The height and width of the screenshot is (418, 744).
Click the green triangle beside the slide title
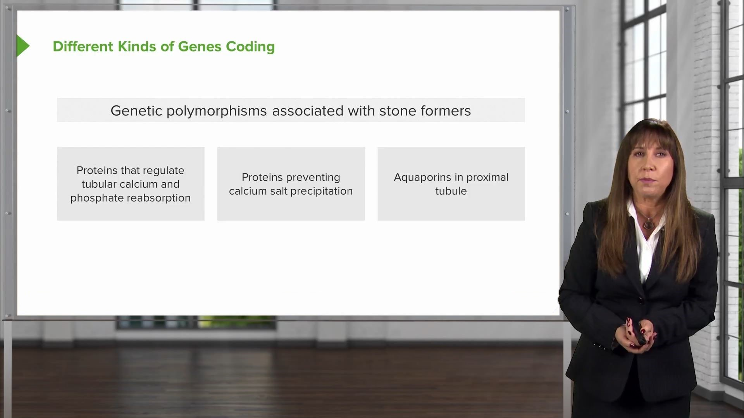tap(22, 46)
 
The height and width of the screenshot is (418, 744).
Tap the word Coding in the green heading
tap(250, 47)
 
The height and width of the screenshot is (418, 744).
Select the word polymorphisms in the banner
tap(217, 111)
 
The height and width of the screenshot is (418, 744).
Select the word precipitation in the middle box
tap(322, 191)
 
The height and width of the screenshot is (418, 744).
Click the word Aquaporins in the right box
tap(423, 178)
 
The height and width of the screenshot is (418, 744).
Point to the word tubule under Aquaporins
tap(451, 191)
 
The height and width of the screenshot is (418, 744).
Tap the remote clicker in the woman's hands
tap(639, 333)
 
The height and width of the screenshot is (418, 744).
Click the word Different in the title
tap(83, 46)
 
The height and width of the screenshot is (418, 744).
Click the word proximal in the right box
tap(487, 178)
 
